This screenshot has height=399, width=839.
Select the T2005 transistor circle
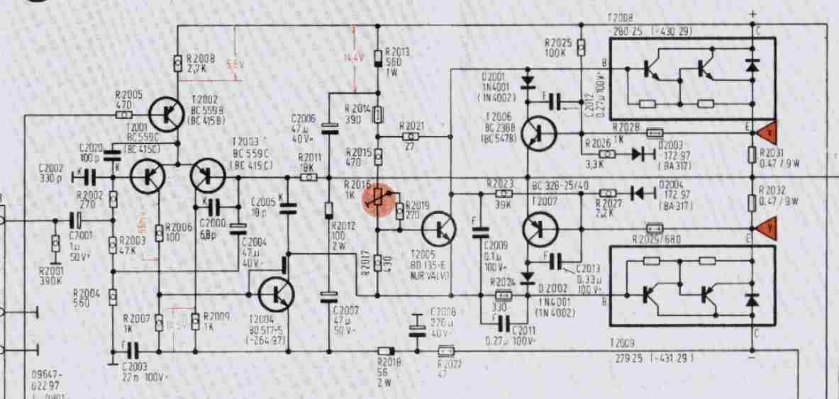tap(441, 229)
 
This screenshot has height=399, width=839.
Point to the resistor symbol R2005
tap(125, 113)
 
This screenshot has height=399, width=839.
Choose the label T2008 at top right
tap(621, 23)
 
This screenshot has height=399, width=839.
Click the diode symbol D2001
tap(527, 83)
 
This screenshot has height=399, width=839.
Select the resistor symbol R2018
tap(385, 351)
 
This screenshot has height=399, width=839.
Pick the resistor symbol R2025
tap(581, 47)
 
